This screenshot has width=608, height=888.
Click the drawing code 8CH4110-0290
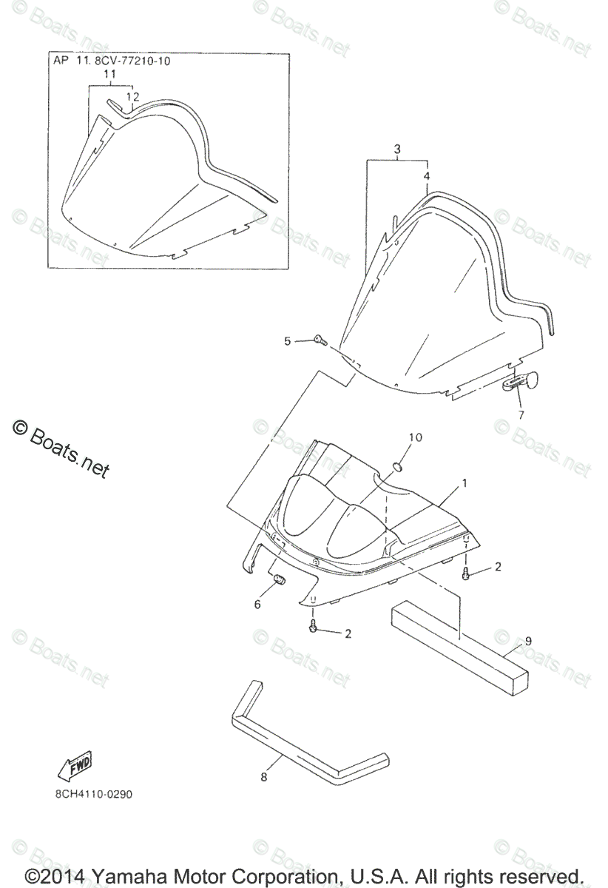coord(90,795)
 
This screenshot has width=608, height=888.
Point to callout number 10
coord(415,437)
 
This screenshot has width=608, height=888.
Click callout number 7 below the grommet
coord(520,414)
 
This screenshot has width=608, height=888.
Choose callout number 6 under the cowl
coord(257,605)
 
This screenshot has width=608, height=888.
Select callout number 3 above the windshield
coord(397,149)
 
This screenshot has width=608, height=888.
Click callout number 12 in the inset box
coord(132,96)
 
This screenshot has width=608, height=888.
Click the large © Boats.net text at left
coord(61,448)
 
